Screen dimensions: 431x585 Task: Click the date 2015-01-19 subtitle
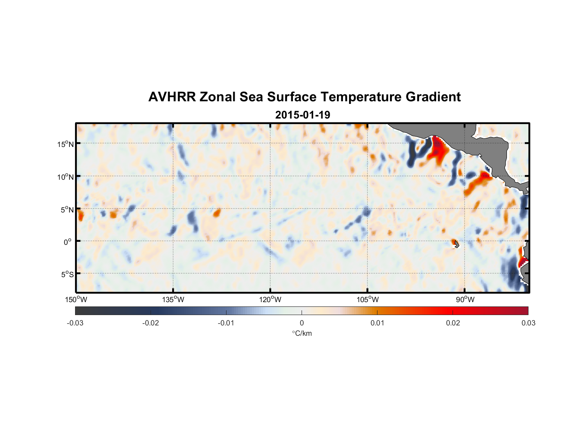[302, 115]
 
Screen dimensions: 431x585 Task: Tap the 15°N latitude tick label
[66, 144]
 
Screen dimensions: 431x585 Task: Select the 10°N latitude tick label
[66, 177]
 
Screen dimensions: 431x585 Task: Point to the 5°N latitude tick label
[67, 210]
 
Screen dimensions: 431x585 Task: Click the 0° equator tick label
[68, 242]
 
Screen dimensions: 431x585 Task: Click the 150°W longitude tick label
[76, 300]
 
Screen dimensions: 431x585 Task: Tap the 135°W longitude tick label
[173, 300]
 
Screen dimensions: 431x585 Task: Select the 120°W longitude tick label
[270, 300]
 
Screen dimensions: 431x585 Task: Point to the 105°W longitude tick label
[368, 300]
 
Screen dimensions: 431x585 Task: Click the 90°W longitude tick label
[465, 300]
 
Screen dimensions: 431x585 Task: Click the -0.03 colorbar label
[75, 323]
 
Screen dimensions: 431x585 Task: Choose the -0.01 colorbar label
[226, 323]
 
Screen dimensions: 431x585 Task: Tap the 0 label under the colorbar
[302, 323]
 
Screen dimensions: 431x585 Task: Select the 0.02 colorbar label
[453, 323]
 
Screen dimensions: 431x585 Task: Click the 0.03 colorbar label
[528, 323]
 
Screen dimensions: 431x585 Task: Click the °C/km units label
[302, 333]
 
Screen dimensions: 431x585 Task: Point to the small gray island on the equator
[456, 244]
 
